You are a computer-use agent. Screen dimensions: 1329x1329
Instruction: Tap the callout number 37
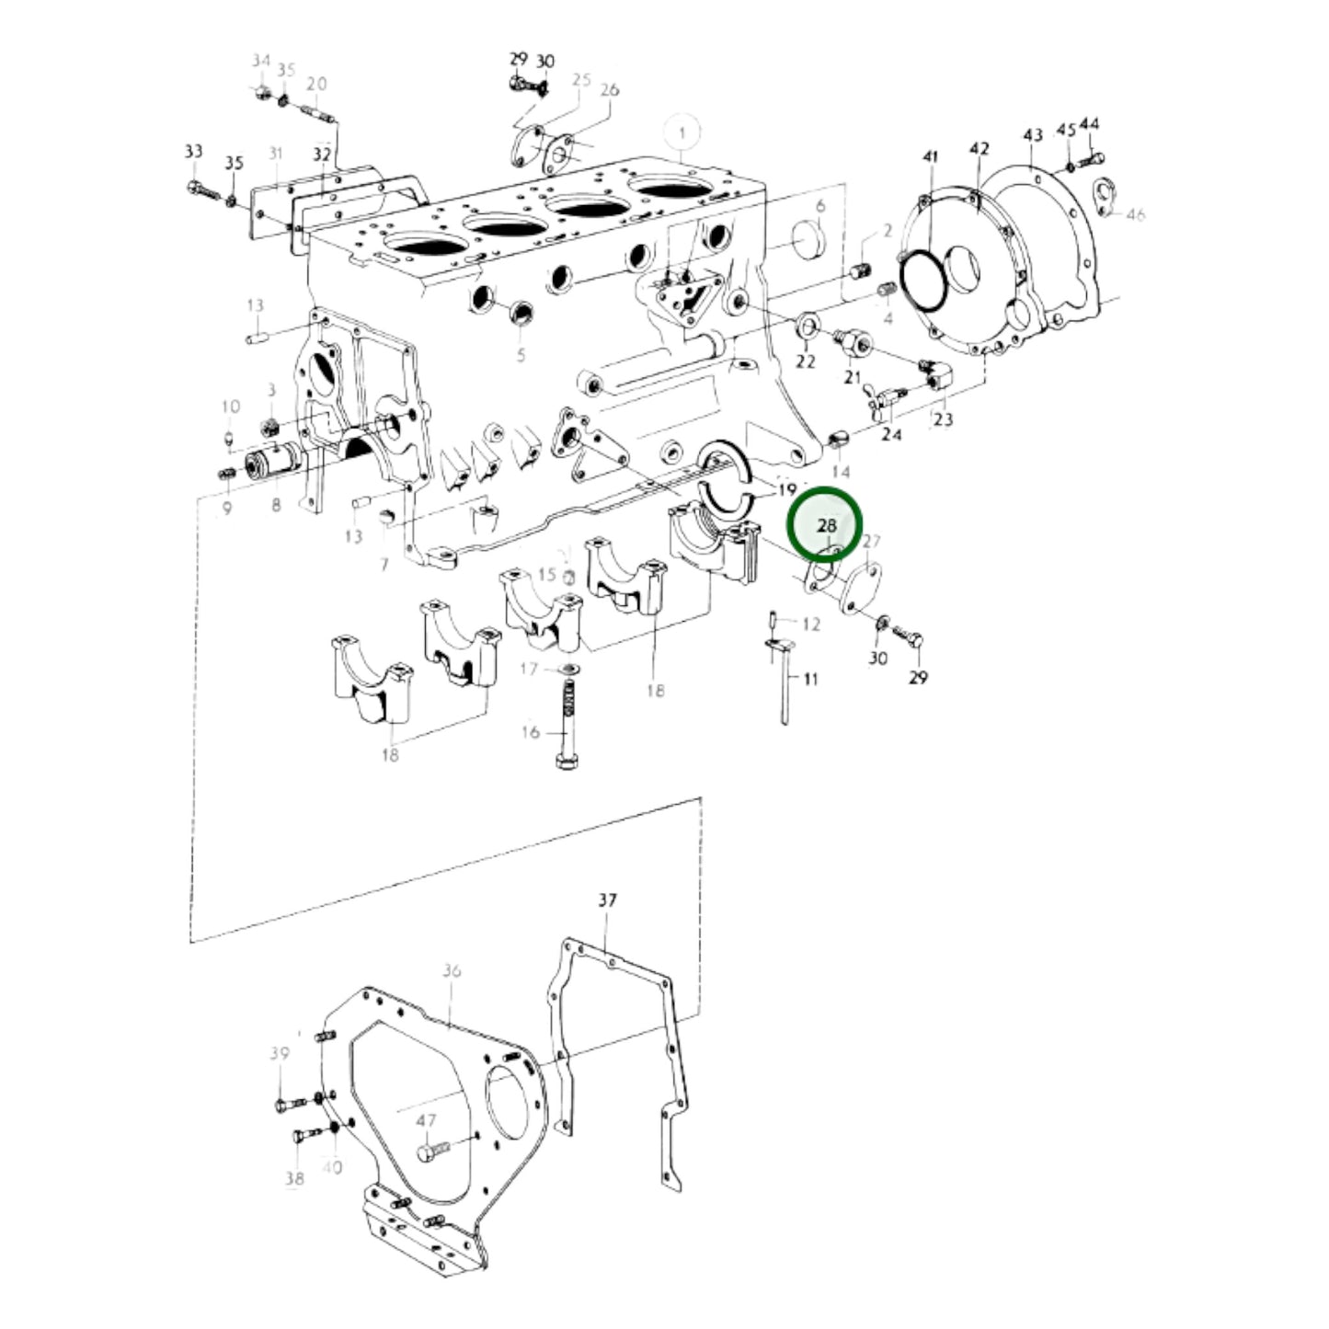607,899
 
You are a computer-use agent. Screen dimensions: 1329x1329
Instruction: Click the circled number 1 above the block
682,133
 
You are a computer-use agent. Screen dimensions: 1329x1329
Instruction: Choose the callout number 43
1033,135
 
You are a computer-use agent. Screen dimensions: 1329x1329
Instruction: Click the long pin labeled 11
785,681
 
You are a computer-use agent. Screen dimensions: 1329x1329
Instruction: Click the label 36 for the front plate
451,970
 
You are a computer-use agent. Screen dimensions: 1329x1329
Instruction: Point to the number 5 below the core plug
521,355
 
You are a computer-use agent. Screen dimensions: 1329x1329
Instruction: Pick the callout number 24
890,433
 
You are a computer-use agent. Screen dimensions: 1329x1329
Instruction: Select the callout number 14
841,472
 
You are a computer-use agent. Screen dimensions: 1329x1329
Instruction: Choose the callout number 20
316,84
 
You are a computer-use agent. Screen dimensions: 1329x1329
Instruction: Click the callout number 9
226,508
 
